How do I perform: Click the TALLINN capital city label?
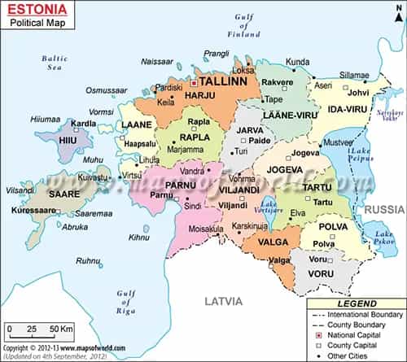224,83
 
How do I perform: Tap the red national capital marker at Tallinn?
195,83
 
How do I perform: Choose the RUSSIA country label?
379,209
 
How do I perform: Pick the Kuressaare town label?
33,210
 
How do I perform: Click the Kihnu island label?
139,238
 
